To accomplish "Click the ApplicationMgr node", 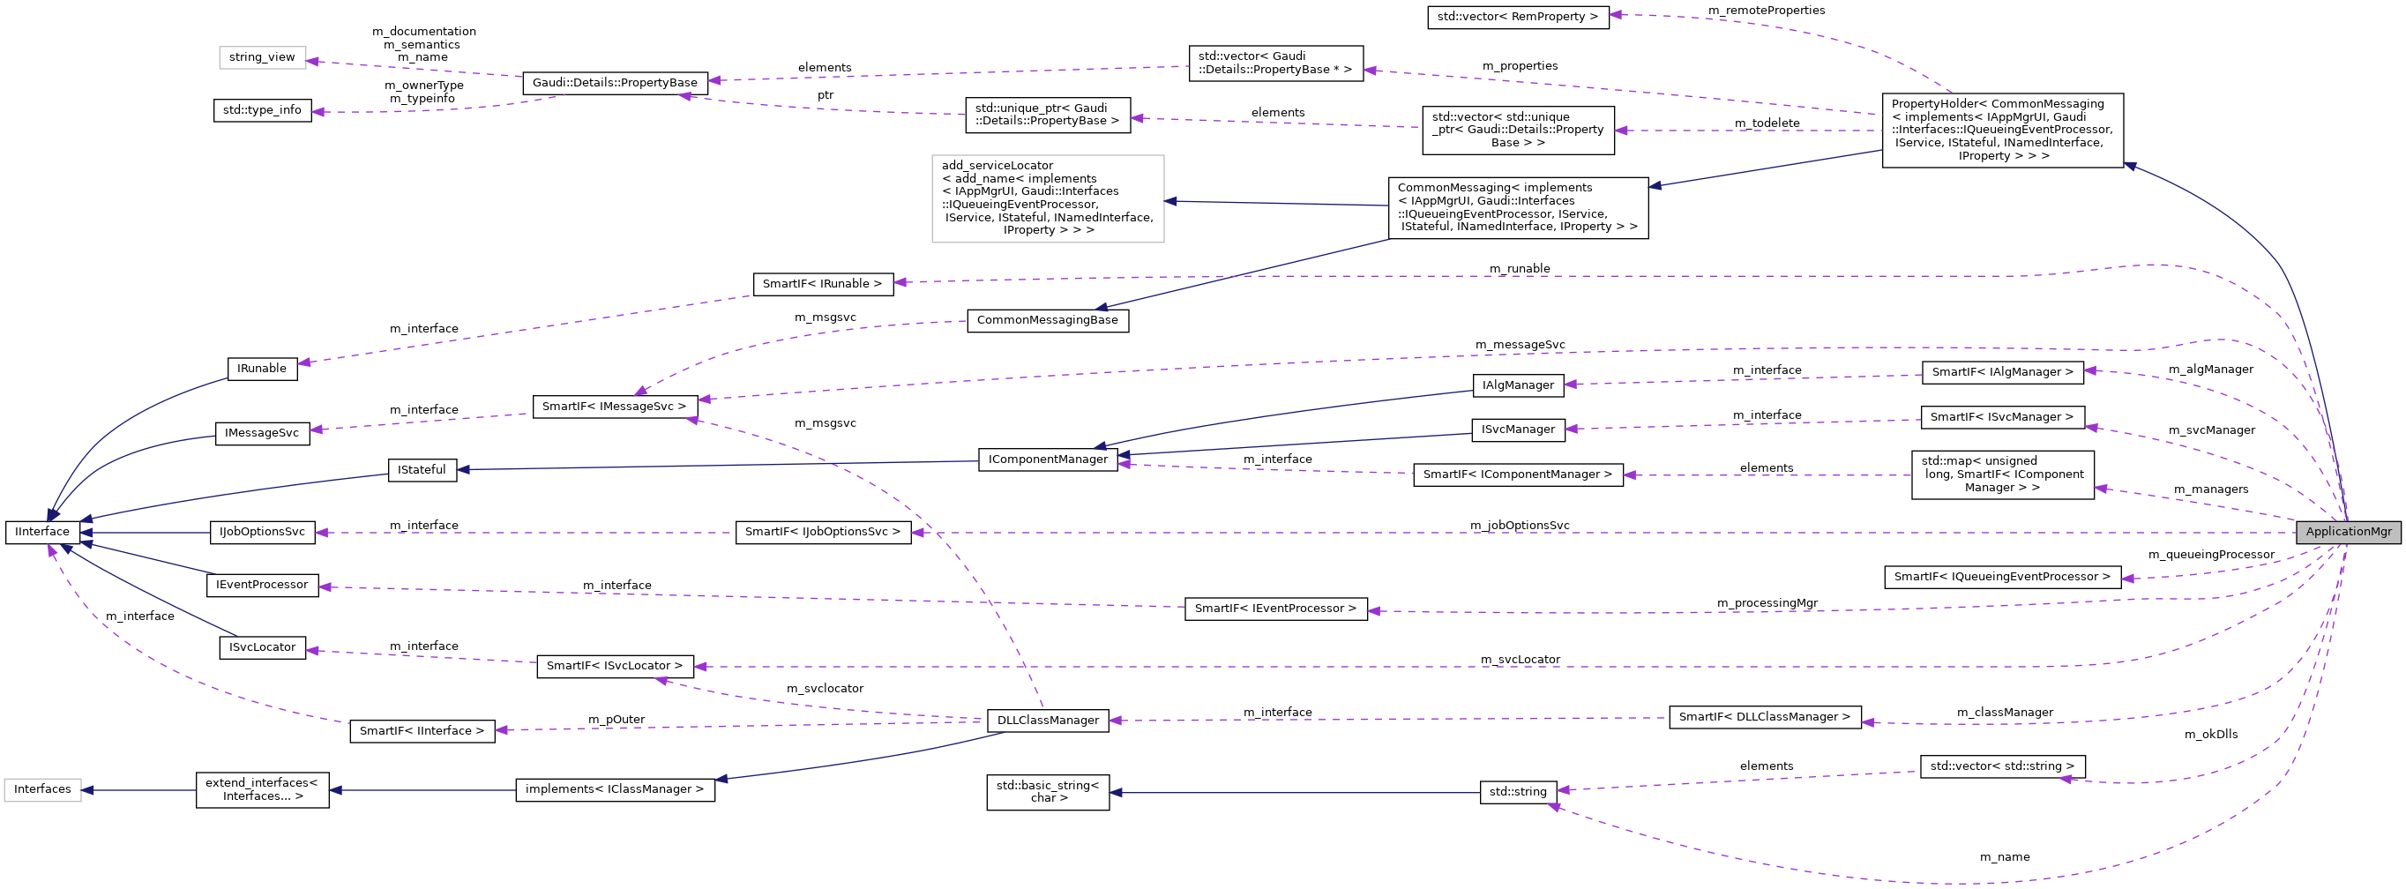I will [2348, 531].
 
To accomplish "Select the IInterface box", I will [42, 531].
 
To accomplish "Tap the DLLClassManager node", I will [1047, 720].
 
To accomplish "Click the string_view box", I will [262, 57].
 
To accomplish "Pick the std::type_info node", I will [262, 110].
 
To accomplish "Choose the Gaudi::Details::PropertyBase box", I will [614, 82].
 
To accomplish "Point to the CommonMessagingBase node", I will [1047, 320].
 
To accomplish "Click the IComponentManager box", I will [1047, 459].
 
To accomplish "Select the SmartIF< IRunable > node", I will [822, 284].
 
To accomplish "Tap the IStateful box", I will [422, 470].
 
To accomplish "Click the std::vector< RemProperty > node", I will [1517, 17].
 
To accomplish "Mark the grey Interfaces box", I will [42, 789].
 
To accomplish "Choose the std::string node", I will [1517, 792].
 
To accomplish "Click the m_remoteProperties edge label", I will [1766, 11].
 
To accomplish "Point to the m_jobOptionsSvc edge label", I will [1519, 525].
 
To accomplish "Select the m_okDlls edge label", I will [2210, 734].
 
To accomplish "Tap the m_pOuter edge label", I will [616, 719].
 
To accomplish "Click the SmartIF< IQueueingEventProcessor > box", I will [2001, 577].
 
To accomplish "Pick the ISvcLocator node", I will [262, 647].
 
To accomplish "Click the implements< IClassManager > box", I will [614, 789].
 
